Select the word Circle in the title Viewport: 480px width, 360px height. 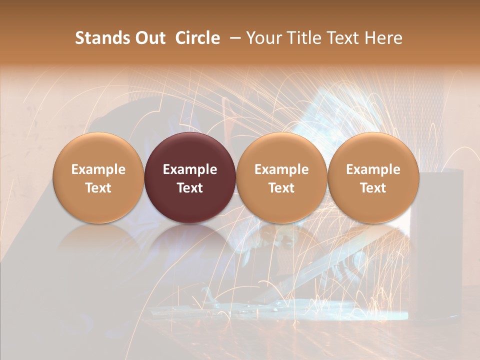click(197, 38)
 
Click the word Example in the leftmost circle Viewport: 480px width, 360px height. click(98, 169)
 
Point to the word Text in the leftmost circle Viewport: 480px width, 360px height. click(98, 188)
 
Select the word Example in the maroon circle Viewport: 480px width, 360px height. click(190, 169)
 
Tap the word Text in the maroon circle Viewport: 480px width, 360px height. click(190, 188)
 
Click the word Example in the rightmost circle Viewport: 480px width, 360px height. click(373, 169)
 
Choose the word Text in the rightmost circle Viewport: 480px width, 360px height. click(373, 188)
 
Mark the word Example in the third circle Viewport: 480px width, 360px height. click(281, 169)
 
